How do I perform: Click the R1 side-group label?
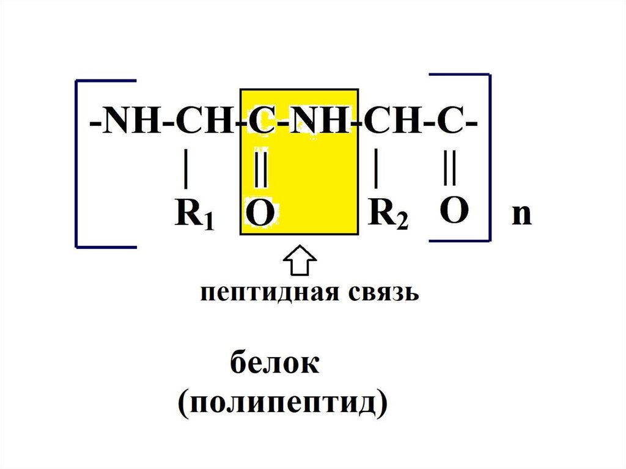(194, 215)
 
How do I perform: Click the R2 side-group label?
(388, 215)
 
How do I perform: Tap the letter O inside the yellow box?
(260, 215)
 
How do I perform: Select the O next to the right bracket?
(454, 212)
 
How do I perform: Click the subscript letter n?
(521, 215)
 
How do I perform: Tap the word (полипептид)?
(283, 404)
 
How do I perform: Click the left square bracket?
(77, 163)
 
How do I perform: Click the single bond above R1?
(185, 171)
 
